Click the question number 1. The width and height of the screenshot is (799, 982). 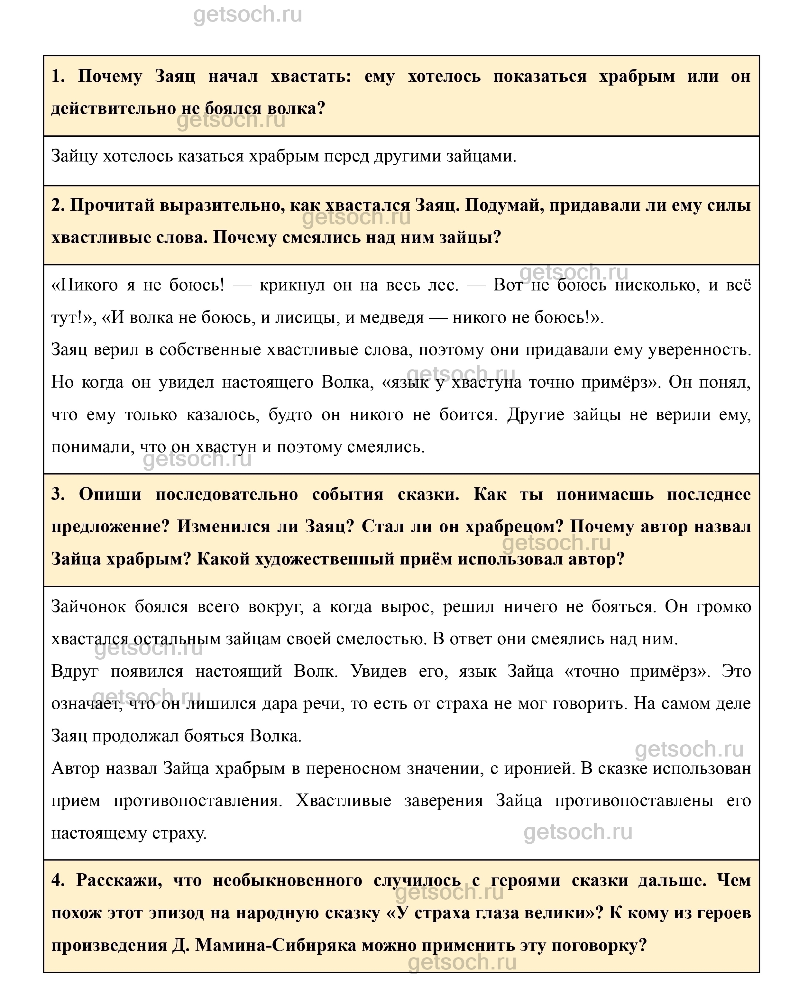pos(58,76)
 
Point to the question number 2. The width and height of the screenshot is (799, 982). pos(58,205)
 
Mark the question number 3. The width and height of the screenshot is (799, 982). pos(58,495)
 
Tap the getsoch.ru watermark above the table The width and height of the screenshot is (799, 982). pos(248,15)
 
